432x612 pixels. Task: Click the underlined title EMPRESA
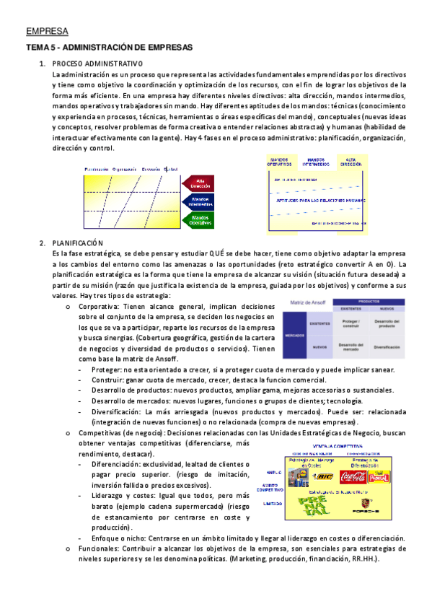(48, 31)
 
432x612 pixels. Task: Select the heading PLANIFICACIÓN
(78, 243)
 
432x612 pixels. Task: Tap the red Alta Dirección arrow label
(198, 183)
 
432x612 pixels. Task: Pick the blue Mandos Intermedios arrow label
(198, 201)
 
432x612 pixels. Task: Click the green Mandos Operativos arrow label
(198, 219)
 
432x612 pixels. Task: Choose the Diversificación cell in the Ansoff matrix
(387, 346)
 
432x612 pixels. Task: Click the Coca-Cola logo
(356, 476)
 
